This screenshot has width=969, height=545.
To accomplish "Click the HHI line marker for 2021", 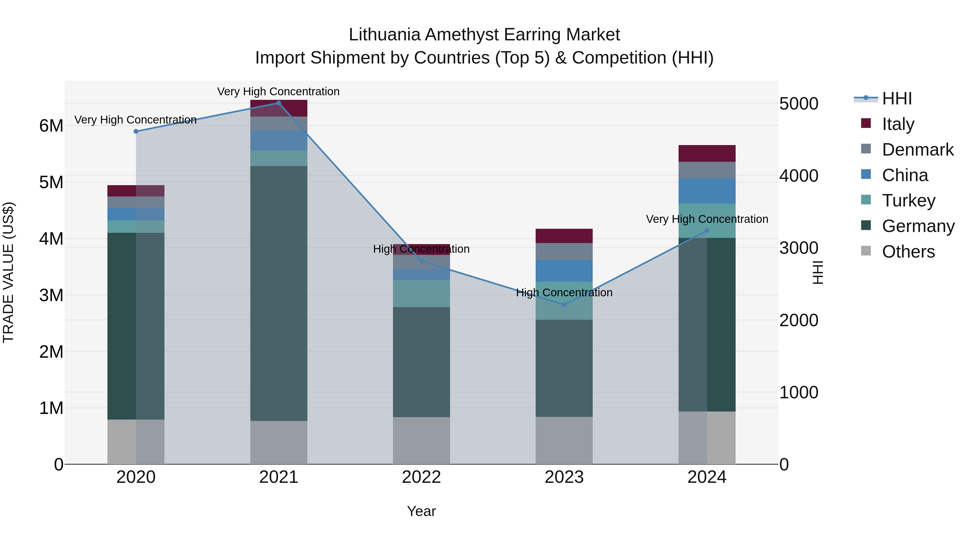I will (278, 103).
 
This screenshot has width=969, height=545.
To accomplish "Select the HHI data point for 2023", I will (564, 305).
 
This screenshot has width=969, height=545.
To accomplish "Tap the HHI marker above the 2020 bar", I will (136, 131).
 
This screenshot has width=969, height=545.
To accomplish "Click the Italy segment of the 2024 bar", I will (707, 153).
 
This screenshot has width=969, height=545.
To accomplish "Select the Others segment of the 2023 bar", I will (564, 440).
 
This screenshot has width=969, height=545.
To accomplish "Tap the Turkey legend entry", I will (908, 201).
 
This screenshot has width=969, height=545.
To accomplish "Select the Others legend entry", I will (908, 252).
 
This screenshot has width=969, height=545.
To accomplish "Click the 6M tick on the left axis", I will (51, 126).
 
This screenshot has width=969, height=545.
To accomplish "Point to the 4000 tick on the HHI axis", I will (799, 176).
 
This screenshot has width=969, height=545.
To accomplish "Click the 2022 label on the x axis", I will (421, 477).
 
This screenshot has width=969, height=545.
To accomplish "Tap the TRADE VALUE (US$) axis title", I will (8, 272).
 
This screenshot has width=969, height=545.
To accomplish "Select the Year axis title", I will (421, 511).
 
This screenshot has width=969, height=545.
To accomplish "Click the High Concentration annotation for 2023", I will (564, 293).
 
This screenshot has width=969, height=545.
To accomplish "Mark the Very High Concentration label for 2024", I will (707, 219).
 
